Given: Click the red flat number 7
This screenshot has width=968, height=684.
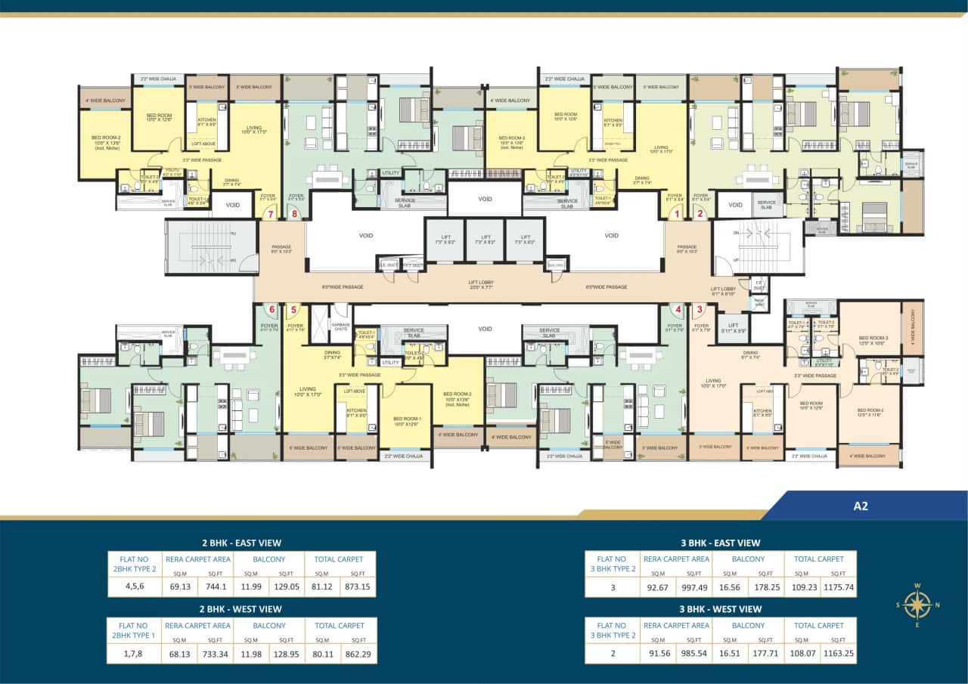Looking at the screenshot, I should tap(271, 215).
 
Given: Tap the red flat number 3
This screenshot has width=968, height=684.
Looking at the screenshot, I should tap(700, 308).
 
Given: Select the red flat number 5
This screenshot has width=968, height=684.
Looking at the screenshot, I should tap(294, 308).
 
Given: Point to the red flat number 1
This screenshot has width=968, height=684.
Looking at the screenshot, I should tap(678, 215).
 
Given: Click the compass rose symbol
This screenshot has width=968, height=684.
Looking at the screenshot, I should tap(917, 605).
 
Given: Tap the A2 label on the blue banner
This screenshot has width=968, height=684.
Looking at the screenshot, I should tap(860, 506).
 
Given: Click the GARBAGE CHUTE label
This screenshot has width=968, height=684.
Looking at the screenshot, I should tap(341, 325).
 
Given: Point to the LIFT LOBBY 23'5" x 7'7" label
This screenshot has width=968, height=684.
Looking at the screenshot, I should tap(481, 284).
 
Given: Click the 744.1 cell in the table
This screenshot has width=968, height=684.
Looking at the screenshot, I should tap(216, 586).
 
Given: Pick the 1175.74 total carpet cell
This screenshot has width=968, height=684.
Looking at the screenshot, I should tap(839, 586).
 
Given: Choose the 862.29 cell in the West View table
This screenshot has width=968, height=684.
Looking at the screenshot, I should tap(358, 652).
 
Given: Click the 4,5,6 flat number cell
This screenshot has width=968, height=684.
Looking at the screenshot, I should tap(134, 586).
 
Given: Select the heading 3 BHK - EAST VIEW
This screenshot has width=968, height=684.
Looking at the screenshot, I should tap(720, 543).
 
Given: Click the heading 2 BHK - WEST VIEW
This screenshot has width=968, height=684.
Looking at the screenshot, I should tap(241, 608).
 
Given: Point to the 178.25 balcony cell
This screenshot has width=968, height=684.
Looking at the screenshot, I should tap(765, 586).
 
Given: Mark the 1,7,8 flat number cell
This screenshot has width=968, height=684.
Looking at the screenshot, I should tap(134, 652).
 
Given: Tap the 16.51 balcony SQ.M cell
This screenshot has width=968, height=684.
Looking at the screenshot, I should tap(731, 652).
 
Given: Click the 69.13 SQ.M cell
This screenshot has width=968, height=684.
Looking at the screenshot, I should tap(179, 586).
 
